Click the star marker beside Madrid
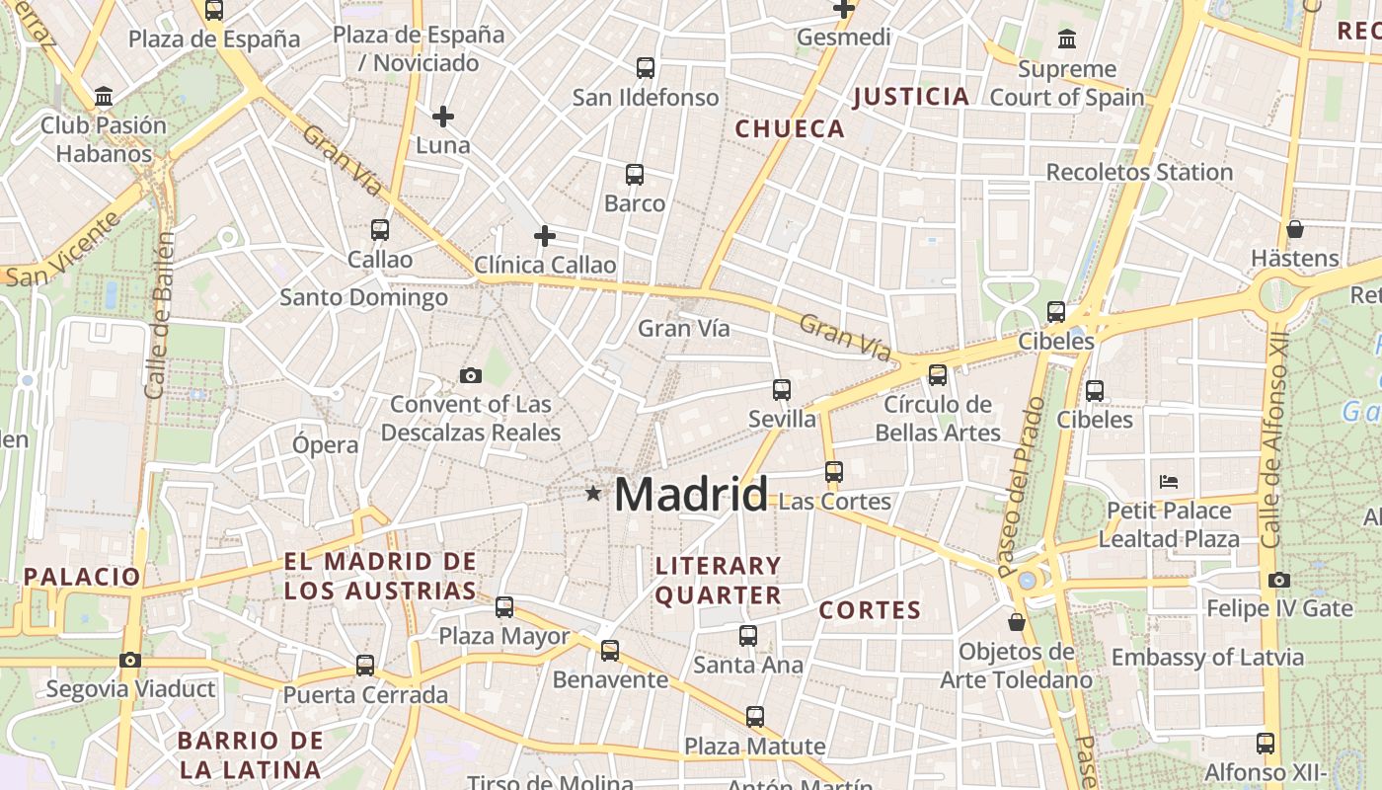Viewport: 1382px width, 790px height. coord(592,493)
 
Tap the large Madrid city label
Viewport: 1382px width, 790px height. coord(691,494)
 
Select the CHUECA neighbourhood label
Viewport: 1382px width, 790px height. coord(790,128)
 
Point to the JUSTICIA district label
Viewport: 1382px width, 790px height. coord(911,96)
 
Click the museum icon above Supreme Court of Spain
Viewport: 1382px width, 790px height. coord(1067,39)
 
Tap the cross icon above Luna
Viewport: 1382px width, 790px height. coord(443,117)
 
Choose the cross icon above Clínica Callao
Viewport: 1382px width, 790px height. coord(544,236)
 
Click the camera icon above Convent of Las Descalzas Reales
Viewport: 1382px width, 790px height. coord(471,375)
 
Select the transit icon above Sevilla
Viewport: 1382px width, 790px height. coord(782,390)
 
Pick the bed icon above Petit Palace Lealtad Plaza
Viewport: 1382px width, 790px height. coord(1169,482)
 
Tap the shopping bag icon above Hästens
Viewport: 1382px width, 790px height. coord(1295,229)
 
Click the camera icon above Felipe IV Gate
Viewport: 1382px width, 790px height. coord(1279,580)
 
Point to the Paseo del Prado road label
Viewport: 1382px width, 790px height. coord(1021,487)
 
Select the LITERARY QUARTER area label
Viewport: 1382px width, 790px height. coord(719,581)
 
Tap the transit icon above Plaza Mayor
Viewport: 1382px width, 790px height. coord(504,606)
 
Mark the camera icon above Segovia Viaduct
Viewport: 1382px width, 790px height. coord(129,660)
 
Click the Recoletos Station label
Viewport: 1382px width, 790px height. coord(1139,172)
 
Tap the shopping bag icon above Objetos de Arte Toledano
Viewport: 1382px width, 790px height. coord(1017,622)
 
